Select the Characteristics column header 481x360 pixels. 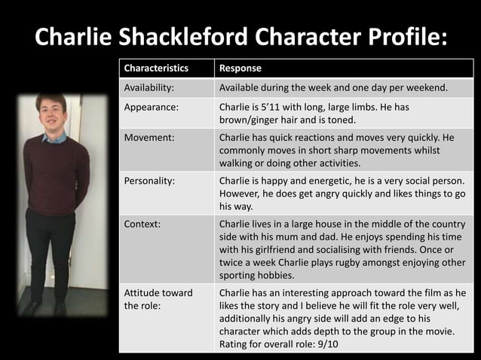[x=156, y=69]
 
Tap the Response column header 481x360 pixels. [x=240, y=69]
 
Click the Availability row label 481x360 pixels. [x=149, y=88]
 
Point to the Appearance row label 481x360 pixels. [x=152, y=107]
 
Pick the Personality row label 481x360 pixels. [x=150, y=181]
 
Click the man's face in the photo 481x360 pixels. [x=52, y=113]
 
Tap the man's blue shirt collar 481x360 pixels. [x=54, y=137]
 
